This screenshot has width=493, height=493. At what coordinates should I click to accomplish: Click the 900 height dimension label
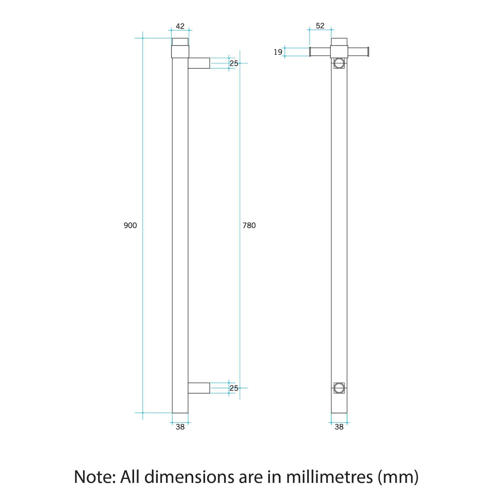pos(130,225)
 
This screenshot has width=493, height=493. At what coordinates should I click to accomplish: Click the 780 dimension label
pos(249,225)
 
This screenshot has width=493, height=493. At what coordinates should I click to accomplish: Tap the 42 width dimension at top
pos(180,26)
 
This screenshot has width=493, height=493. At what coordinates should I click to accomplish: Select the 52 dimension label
pos(320,26)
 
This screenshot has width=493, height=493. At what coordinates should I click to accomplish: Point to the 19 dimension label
pos(278,52)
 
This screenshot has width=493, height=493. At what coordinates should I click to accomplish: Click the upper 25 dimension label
pos(234,63)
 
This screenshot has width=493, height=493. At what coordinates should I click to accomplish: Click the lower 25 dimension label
pos(234,388)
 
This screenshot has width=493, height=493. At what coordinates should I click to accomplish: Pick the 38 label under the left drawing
pos(180,427)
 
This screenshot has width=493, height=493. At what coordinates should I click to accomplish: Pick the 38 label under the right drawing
pos(339,427)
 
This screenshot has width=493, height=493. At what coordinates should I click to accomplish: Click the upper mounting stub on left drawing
pos(199,63)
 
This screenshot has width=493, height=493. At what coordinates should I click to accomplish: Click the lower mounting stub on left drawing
pos(199,388)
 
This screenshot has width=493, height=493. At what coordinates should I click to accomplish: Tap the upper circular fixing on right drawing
pos(339,63)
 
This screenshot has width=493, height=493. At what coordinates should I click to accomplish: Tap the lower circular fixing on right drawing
pos(339,388)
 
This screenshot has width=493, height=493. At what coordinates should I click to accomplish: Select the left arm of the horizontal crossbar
pos(320,52)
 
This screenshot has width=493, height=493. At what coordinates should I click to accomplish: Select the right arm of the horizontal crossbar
pos(358,52)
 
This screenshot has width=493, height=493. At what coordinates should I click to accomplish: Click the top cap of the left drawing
pos(180,42)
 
